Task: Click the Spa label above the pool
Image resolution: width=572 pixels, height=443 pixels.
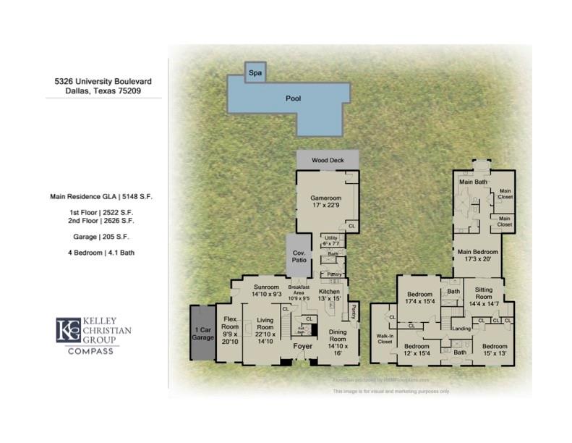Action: point(255,73)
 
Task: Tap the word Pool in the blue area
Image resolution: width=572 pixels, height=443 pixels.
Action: point(293,98)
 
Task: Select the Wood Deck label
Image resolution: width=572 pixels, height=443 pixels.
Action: point(327,161)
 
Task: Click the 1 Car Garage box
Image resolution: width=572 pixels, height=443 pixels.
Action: point(202,334)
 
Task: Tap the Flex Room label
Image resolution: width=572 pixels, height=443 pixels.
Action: point(230,330)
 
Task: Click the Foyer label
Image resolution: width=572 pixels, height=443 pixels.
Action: point(302,347)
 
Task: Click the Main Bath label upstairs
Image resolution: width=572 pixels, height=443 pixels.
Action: point(474,182)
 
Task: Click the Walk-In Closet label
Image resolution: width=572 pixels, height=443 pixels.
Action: point(385,339)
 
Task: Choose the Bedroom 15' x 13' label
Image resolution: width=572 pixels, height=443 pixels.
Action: point(495,350)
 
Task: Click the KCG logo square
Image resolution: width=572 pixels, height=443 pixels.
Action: point(69,330)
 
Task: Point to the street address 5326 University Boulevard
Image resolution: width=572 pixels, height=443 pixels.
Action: point(103,82)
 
